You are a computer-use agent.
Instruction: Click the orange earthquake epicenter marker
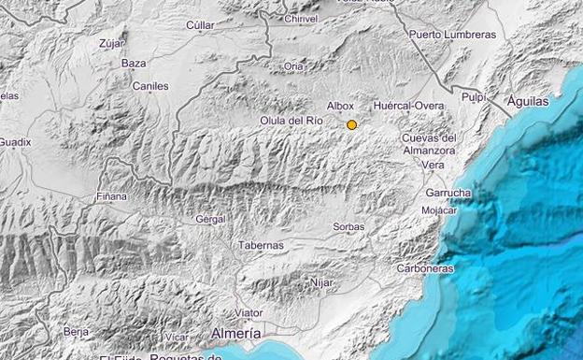click(352, 124)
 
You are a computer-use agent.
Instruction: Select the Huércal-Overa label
click(408, 107)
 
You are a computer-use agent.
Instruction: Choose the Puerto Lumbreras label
click(452, 35)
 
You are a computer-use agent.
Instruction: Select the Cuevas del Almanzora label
click(429, 144)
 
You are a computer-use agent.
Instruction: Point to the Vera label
click(433, 165)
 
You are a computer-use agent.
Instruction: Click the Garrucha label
click(448, 193)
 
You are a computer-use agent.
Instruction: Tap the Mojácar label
click(439, 209)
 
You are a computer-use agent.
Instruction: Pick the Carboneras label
click(425, 268)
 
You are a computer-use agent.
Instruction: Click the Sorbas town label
click(348, 226)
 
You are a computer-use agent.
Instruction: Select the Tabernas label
click(262, 245)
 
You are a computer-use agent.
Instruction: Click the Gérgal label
click(211, 219)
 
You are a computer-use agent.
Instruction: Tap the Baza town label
click(134, 63)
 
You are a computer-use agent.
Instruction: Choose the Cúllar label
click(200, 25)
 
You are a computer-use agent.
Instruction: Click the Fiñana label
click(111, 197)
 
